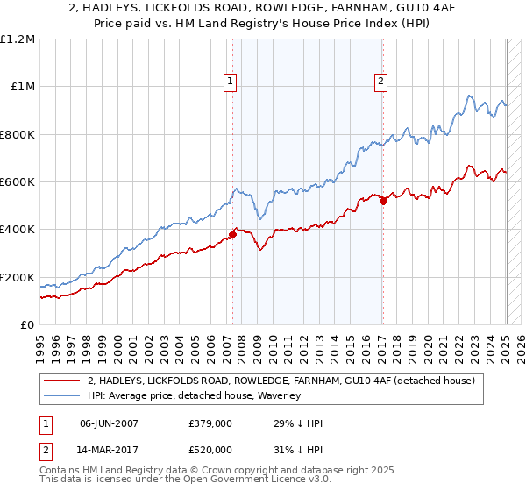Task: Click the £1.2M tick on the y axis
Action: click(x=18, y=39)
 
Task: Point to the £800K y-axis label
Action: click(x=18, y=135)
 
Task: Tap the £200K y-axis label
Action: click(x=18, y=278)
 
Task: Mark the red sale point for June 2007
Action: click(x=233, y=234)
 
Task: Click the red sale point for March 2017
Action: click(x=383, y=201)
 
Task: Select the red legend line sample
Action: click(x=63, y=381)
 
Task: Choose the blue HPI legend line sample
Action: click(x=63, y=395)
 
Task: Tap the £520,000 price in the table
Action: click(x=210, y=449)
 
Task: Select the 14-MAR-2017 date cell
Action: click(x=110, y=449)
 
